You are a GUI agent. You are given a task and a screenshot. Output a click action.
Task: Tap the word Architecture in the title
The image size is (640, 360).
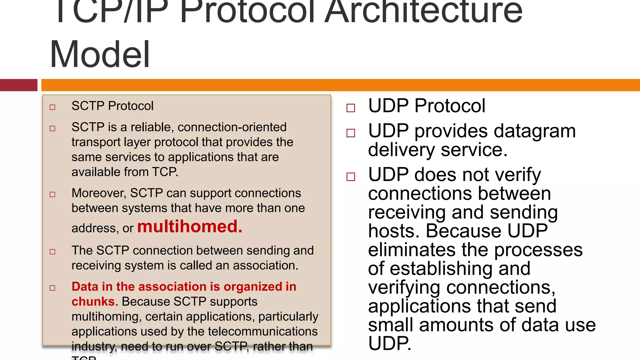click(x=423, y=12)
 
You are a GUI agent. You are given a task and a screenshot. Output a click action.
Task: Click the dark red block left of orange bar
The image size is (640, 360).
click(x=18, y=85)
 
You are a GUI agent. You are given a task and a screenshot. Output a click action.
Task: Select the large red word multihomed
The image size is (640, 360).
click(x=189, y=227)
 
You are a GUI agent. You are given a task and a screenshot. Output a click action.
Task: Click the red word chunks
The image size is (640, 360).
click(x=93, y=302)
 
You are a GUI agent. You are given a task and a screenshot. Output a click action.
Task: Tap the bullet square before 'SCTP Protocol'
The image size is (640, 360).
click(x=52, y=107)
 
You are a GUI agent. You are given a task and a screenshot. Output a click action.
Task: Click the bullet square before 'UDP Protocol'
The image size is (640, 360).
click(x=351, y=108)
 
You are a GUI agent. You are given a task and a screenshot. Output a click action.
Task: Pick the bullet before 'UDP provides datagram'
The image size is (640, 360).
click(x=351, y=133)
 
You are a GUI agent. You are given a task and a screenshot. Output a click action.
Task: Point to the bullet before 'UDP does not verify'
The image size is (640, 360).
click(x=351, y=177)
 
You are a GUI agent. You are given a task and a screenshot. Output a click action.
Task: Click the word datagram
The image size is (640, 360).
click(x=531, y=131)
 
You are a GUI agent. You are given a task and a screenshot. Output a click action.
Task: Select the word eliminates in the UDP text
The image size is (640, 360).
click(x=412, y=250)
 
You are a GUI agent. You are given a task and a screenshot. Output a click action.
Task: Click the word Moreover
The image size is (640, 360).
click(x=98, y=193)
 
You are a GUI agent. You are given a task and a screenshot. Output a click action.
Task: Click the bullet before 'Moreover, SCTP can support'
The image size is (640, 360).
click(x=52, y=194)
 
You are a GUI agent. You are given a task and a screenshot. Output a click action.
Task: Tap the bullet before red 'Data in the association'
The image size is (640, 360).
click(x=52, y=288)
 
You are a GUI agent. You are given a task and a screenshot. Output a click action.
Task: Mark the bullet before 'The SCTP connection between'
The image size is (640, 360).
click(x=52, y=252)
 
